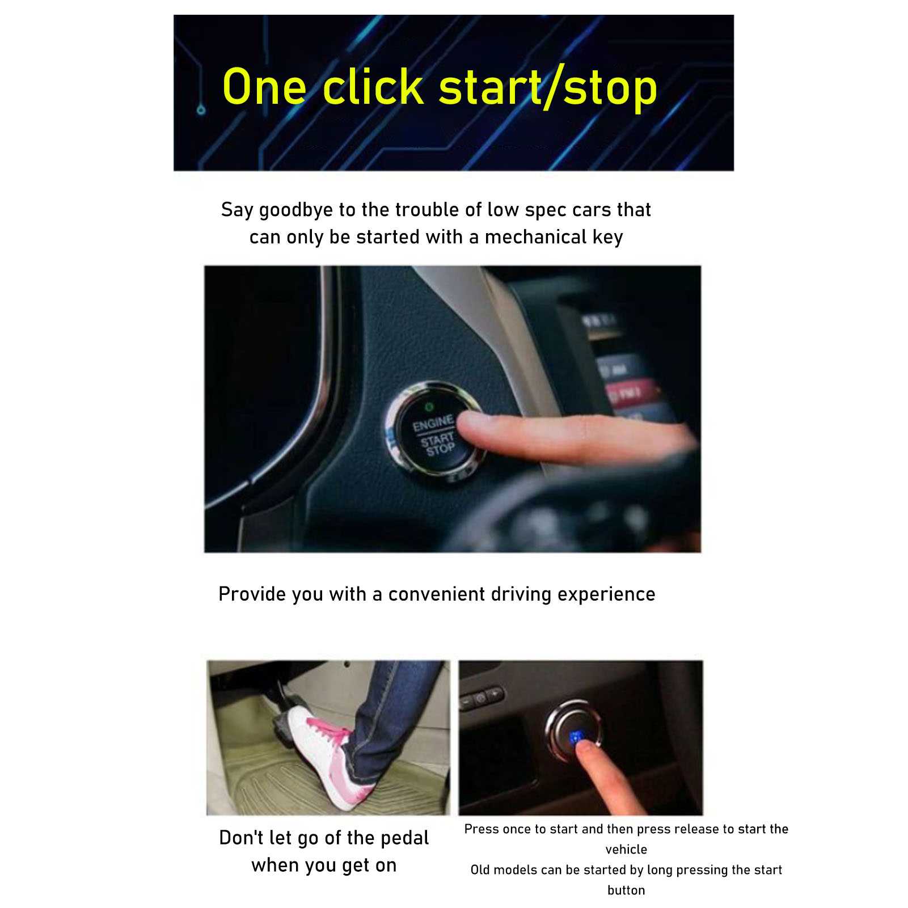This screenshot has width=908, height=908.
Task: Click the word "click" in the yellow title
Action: click(x=373, y=87)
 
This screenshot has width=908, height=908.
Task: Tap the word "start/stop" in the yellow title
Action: click(x=548, y=88)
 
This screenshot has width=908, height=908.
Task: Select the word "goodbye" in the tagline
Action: click(x=296, y=210)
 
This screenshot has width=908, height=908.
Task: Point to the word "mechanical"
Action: click(x=535, y=236)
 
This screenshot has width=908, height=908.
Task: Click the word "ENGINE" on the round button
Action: click(x=433, y=423)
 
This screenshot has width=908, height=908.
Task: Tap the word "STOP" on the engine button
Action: click(x=441, y=449)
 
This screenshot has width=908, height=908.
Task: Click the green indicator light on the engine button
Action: click(x=429, y=407)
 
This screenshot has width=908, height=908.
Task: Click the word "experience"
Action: click(x=606, y=595)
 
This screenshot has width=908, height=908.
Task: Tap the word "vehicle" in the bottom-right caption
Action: click(x=626, y=849)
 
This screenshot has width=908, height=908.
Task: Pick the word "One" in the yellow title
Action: click(x=264, y=87)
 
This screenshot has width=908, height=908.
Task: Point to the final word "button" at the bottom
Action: click(x=626, y=890)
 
